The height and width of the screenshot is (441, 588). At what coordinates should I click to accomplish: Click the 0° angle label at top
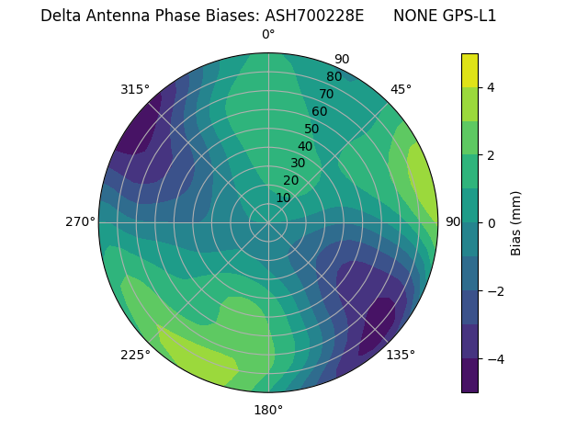coord(268,35)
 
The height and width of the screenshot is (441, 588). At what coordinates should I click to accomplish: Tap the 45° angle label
coord(401,89)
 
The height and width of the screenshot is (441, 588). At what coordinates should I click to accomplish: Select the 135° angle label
coord(401,355)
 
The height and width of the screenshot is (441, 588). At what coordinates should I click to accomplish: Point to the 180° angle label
coord(268,410)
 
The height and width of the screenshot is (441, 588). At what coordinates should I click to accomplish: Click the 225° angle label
coord(135,355)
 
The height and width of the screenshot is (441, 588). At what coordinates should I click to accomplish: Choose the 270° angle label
coord(81,222)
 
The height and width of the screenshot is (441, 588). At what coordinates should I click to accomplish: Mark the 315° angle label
coord(135,89)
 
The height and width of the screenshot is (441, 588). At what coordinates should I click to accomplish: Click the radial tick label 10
coord(283,198)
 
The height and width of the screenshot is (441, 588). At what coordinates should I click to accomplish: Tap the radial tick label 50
coord(312,130)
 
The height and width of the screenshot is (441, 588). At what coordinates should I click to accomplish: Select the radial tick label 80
coord(334,77)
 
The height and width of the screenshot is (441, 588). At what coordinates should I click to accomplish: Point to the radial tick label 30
coord(298,164)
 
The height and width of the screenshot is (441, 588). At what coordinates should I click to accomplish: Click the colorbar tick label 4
coord(492,87)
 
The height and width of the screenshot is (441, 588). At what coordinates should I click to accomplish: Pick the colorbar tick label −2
coord(495,291)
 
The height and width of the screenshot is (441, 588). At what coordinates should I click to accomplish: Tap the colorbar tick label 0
coord(492,223)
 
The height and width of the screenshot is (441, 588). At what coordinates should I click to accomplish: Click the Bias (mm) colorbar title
coord(516,223)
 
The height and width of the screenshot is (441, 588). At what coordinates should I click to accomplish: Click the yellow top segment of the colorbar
coord(469,71)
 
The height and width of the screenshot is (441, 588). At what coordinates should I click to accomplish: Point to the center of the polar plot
coord(268,222)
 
